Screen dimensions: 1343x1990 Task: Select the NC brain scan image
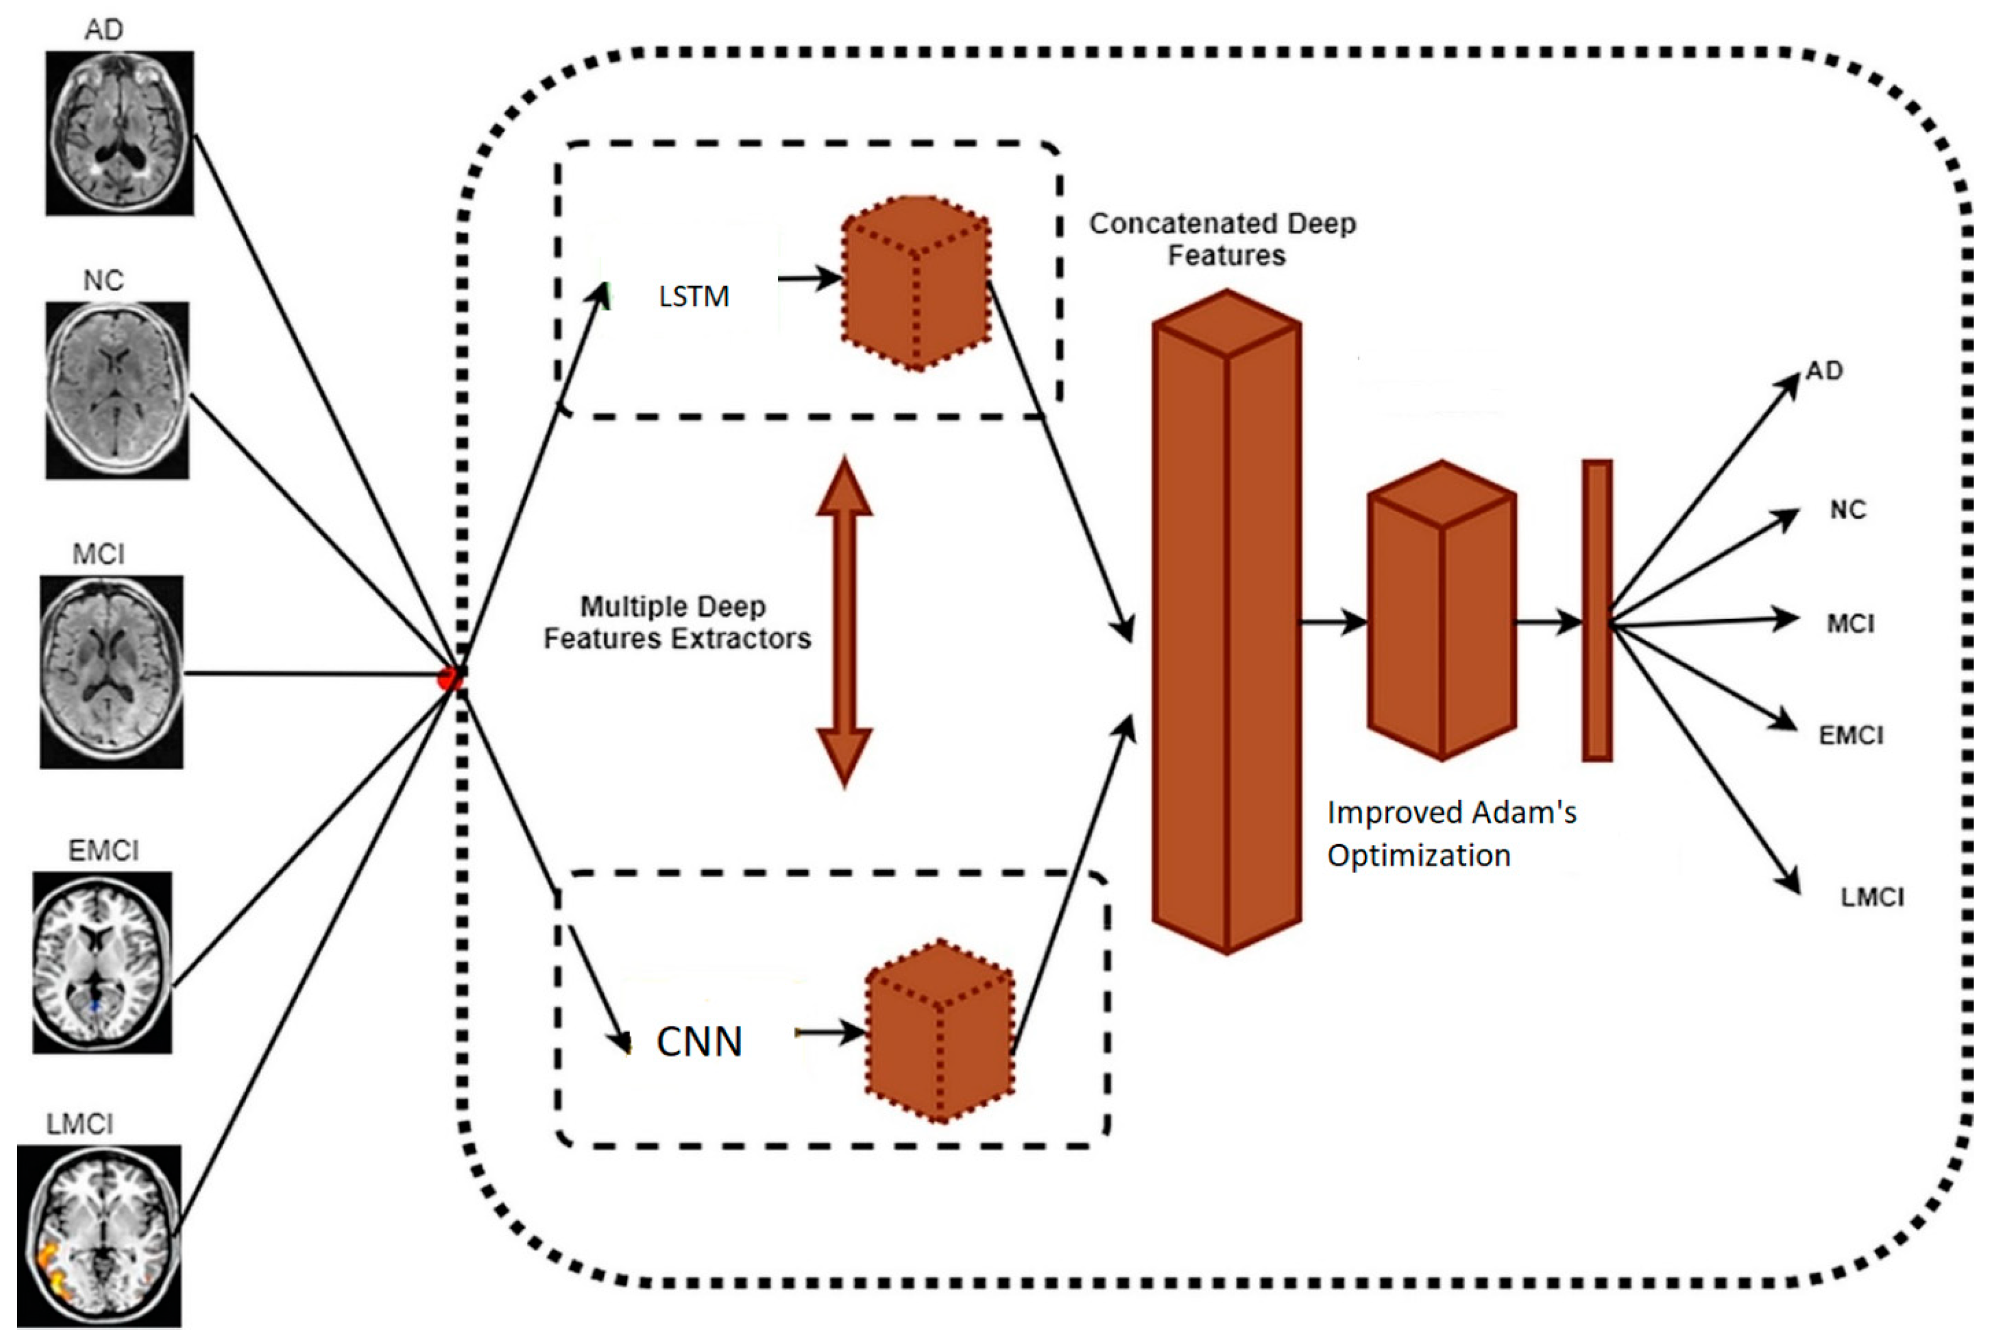click(118, 390)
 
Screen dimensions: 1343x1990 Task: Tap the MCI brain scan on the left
click(111, 672)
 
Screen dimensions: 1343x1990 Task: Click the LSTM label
click(694, 296)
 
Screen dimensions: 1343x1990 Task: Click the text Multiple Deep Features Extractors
click(677, 623)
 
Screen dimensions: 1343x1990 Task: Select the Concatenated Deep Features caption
click(1223, 239)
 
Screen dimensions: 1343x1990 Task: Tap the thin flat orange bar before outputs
click(1596, 610)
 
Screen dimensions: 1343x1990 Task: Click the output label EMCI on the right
click(1850, 735)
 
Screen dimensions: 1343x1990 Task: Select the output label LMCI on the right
click(1872, 897)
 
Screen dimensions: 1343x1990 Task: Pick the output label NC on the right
click(1847, 510)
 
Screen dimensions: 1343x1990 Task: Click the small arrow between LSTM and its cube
click(809, 279)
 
